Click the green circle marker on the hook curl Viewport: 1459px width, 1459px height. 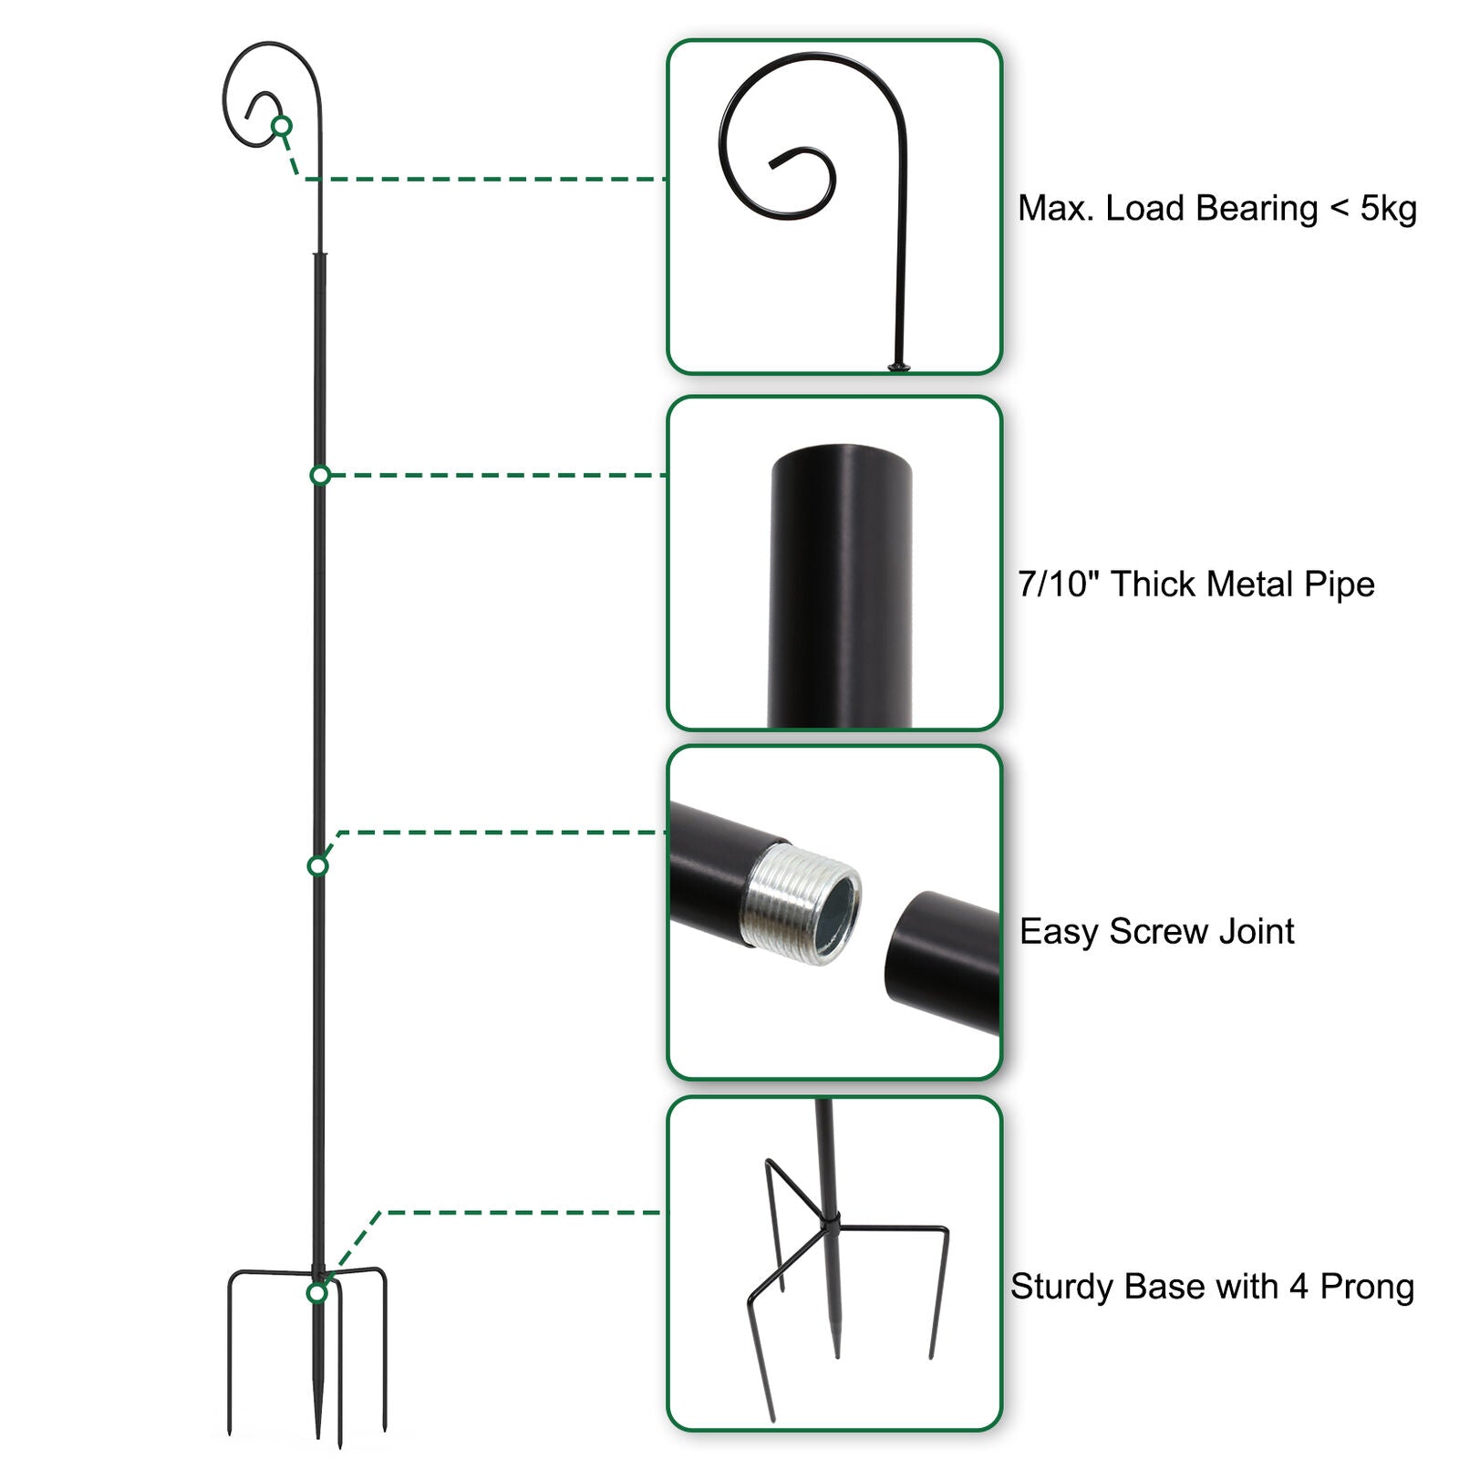point(282,125)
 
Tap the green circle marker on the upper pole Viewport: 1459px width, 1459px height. point(320,475)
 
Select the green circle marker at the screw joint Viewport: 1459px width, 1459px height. point(318,865)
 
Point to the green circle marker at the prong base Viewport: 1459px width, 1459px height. point(317,1293)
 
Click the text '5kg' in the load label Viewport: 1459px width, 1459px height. point(1388,209)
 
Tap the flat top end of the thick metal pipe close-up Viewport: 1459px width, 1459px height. point(841,453)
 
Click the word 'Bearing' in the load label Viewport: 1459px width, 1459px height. point(1257,209)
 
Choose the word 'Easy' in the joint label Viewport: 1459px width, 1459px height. point(1058,932)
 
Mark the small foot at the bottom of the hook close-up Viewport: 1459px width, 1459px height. point(899,367)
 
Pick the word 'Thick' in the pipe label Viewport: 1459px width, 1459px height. point(1151,585)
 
